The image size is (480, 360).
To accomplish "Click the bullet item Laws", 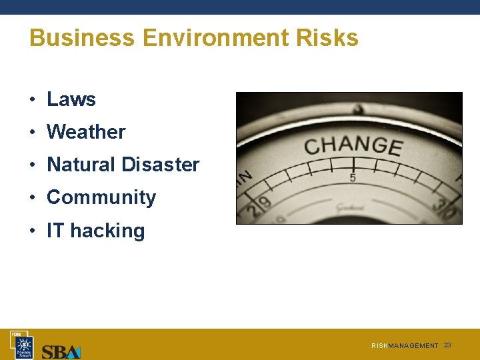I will (x=71, y=99).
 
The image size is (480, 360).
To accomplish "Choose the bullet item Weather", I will (x=86, y=132).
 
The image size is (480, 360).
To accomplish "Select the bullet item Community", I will (x=101, y=197).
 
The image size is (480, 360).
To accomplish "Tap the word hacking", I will (x=107, y=231).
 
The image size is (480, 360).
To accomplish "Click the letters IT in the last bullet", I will (x=55, y=231).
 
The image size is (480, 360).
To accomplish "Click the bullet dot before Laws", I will (x=32, y=100).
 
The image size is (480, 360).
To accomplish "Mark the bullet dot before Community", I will (x=32, y=198).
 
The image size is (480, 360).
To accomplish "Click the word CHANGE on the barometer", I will (x=353, y=145).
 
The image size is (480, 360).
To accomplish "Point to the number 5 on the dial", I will (x=353, y=177).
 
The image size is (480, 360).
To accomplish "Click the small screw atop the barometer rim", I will (x=358, y=107).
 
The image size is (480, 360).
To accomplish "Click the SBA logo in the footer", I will (x=61, y=351).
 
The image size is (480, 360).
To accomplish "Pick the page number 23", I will (x=447, y=345).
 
